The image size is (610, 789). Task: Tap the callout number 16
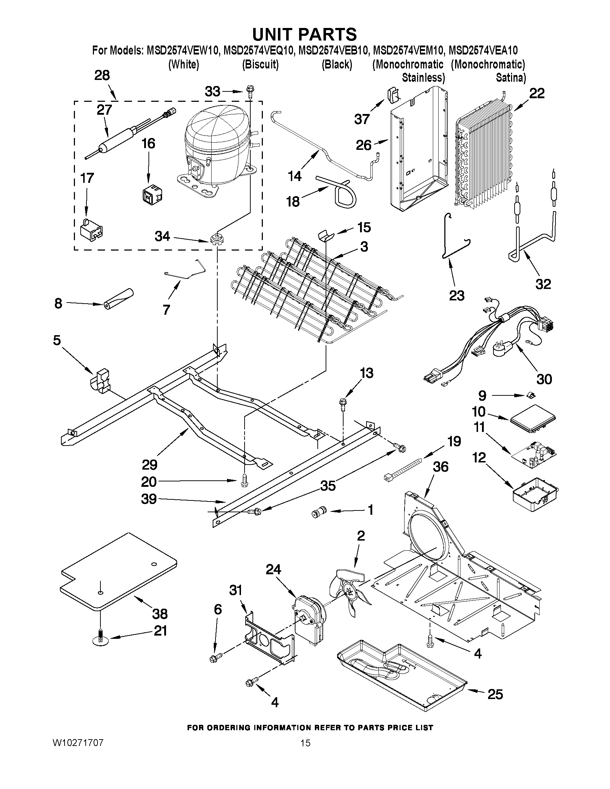148,144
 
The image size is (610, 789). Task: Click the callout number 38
160,614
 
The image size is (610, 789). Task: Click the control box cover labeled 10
533,420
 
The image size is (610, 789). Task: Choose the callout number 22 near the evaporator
537,94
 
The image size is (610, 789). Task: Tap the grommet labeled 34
216,239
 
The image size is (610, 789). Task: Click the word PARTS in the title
325,34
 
